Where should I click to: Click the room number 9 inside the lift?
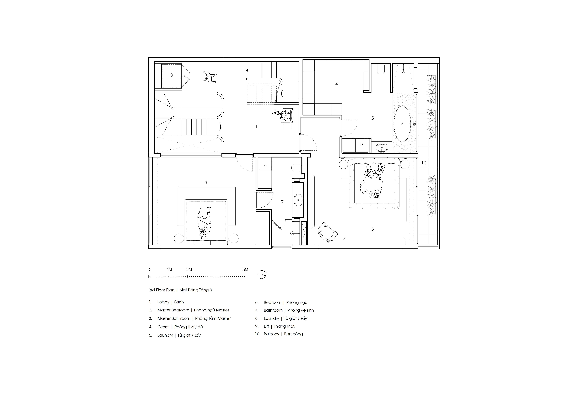point(172,75)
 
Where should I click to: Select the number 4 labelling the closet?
point(337,84)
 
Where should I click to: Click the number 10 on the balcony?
point(424,163)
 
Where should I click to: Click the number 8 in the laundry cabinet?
point(265,165)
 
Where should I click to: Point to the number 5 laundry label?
point(362,145)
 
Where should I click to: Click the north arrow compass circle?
point(262,275)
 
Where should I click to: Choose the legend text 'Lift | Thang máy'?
point(279,326)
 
